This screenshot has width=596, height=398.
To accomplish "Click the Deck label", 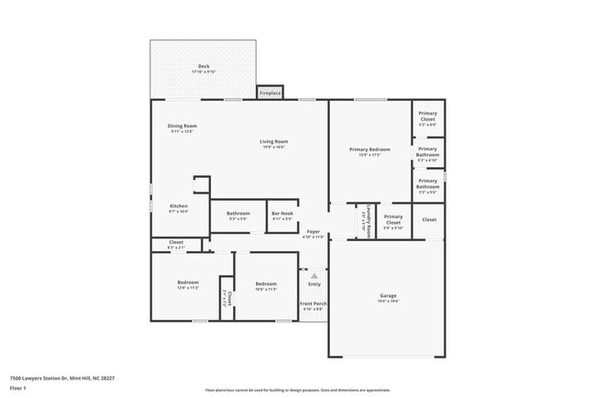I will (x=204, y=67).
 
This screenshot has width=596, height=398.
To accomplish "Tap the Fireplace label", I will (x=270, y=93).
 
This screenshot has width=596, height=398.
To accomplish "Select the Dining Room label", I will (x=182, y=127).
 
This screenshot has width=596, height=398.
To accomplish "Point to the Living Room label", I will (x=273, y=142).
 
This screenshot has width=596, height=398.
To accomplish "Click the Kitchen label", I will (x=179, y=207).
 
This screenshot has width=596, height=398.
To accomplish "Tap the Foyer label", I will (x=313, y=233).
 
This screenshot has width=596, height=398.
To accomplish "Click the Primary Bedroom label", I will (x=370, y=150).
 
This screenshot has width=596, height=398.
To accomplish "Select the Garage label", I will (x=388, y=296).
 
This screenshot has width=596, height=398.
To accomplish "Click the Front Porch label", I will (x=314, y=304).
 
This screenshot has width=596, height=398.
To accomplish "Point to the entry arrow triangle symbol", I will (x=314, y=274).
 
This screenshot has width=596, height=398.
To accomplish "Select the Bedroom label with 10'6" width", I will (x=266, y=284).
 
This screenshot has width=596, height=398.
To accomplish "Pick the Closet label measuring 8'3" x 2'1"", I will (x=176, y=244).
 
